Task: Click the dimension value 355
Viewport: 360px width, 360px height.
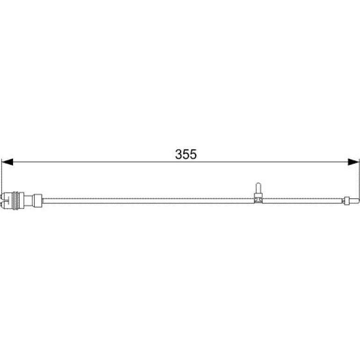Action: pyautogui.click(x=186, y=154)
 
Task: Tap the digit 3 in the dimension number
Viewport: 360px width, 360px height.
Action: pyautogui.click(x=179, y=154)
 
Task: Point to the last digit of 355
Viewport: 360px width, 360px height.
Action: pyautogui.click(x=193, y=154)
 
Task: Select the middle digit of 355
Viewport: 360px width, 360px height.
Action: pyautogui.click(x=186, y=154)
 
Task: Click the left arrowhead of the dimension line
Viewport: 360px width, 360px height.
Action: pyautogui.click(x=7, y=162)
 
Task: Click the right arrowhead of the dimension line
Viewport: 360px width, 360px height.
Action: pyautogui.click(x=353, y=162)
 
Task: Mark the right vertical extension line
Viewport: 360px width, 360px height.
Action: pyautogui.click(x=359, y=179)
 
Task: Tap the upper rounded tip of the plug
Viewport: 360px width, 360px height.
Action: pyautogui.click(x=2, y=197)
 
